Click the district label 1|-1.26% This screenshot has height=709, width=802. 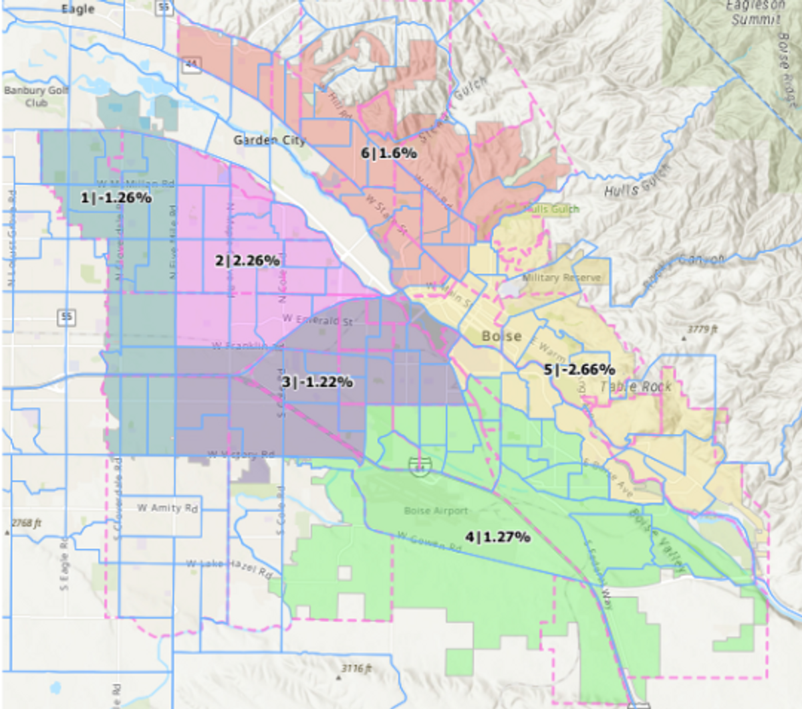[x=116, y=198]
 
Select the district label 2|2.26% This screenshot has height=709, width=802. [x=247, y=261]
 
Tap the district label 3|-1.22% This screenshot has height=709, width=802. [x=317, y=382]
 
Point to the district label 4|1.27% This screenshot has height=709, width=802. [x=498, y=536]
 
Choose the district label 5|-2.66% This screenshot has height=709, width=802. [x=579, y=369]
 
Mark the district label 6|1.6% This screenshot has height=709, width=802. [x=389, y=153]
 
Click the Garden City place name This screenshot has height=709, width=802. [x=269, y=140]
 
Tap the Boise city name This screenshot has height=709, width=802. [x=502, y=336]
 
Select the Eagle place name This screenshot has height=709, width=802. [x=78, y=9]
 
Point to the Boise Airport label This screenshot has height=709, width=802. [x=436, y=511]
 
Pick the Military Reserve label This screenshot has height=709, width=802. [x=561, y=278]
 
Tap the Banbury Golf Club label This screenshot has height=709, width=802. [x=36, y=96]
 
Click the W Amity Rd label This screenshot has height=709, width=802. [x=168, y=508]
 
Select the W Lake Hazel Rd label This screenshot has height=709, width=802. [x=229, y=569]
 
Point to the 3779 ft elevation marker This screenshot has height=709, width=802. [x=702, y=330]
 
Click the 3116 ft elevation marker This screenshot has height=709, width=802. [x=356, y=668]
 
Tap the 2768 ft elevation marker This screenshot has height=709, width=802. [x=27, y=523]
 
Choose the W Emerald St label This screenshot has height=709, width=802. [x=317, y=320]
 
